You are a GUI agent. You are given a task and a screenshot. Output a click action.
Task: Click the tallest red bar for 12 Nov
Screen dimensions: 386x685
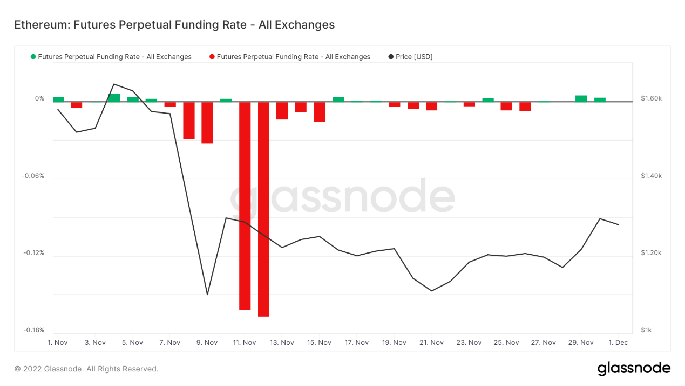pyautogui.click(x=263, y=209)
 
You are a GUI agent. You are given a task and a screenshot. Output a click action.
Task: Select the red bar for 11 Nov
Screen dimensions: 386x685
pyautogui.click(x=245, y=205)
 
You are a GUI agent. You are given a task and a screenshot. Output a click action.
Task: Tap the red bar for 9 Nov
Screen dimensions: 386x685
pyautogui.click(x=207, y=122)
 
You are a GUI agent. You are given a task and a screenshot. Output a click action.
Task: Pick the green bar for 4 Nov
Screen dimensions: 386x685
pyautogui.click(x=114, y=98)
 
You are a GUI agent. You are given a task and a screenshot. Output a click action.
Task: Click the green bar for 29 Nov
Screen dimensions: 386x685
pyautogui.click(x=581, y=98)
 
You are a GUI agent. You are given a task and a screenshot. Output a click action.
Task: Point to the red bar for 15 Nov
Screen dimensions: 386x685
pyautogui.click(x=320, y=111)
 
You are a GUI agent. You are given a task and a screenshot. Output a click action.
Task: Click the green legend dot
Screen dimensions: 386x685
pyautogui.click(x=33, y=57)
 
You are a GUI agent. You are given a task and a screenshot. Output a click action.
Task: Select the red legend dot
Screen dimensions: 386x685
pyautogui.click(x=212, y=57)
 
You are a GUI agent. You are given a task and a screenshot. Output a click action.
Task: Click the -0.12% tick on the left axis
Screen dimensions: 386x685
pyautogui.click(x=33, y=253)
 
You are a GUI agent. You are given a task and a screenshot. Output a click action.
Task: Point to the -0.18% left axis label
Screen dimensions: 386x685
pyautogui.click(x=33, y=330)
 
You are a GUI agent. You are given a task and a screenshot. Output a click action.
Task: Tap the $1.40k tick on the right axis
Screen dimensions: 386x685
pyautogui.click(x=651, y=176)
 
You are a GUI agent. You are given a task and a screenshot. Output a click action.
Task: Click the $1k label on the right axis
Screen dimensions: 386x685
pyautogui.click(x=647, y=330)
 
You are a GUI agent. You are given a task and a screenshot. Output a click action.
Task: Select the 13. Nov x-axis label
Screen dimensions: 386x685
pyautogui.click(x=281, y=343)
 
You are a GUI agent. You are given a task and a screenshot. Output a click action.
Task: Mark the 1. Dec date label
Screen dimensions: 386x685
pyautogui.click(x=618, y=343)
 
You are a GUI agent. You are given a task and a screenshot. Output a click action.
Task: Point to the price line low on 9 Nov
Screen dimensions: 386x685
pyautogui.click(x=207, y=295)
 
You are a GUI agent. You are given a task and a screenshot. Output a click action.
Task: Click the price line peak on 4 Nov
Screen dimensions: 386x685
pyautogui.click(x=114, y=84)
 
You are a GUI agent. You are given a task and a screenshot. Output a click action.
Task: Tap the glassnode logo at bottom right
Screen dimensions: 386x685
pyautogui.click(x=634, y=369)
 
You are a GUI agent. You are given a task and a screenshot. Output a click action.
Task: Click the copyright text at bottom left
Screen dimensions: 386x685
pyautogui.click(x=86, y=369)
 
